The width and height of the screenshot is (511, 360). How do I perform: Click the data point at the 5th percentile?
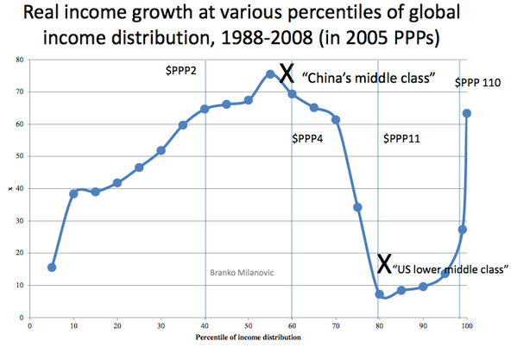(52, 268)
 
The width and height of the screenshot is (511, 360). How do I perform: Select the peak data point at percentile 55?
(270, 74)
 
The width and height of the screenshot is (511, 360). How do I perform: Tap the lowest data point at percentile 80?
(379, 294)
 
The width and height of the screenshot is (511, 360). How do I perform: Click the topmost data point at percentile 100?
(466, 113)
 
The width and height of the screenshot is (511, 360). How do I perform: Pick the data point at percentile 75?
(357, 207)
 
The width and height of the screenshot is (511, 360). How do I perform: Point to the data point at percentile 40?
(205, 109)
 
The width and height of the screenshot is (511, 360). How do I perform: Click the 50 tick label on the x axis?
(249, 328)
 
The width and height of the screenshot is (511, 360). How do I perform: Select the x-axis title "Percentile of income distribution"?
(249, 338)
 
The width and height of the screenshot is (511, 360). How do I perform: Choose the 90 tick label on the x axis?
(423, 328)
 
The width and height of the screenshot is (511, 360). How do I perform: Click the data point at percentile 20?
(117, 183)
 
